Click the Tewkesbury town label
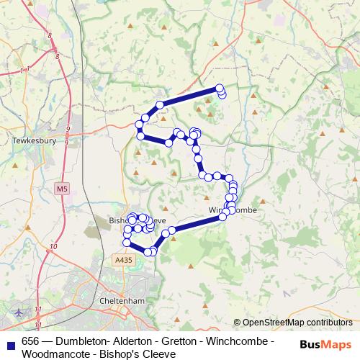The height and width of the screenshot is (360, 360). (x=34, y=141)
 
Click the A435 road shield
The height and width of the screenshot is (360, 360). (x=123, y=258)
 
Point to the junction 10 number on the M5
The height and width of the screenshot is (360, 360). (x=54, y=247)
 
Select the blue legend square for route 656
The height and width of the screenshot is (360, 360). (x=10, y=342)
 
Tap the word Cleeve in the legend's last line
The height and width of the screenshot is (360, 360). (x=160, y=354)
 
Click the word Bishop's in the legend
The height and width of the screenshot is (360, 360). (x=121, y=354)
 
